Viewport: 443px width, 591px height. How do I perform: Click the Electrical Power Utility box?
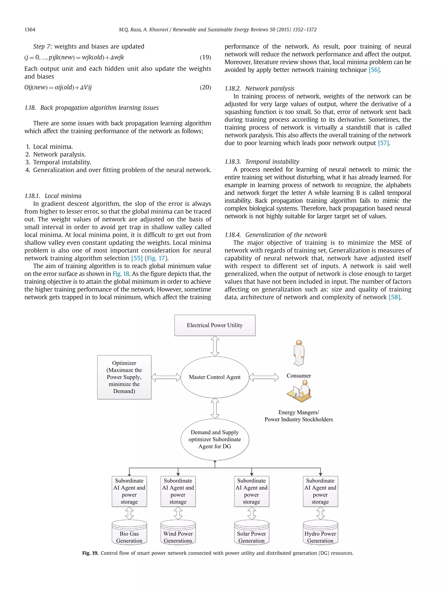[x=215, y=325]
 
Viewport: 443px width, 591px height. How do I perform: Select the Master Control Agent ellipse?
[x=215, y=377]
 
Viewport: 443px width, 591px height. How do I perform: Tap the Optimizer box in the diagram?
[x=124, y=377]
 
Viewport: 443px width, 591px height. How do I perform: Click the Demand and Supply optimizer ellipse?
[x=215, y=439]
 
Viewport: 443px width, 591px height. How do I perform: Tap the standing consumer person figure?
[x=299, y=353]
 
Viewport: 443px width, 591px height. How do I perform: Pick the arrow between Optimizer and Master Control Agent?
[x=166, y=377]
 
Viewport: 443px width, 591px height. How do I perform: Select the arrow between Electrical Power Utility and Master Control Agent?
[x=215, y=346]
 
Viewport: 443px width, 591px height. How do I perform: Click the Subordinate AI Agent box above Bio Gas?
[x=129, y=491]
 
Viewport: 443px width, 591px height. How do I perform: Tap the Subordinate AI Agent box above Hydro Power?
[x=320, y=491]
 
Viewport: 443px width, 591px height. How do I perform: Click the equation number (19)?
[x=205, y=57]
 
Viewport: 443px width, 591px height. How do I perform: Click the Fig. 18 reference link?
[x=121, y=274]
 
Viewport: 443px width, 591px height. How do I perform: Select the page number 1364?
[x=30, y=30]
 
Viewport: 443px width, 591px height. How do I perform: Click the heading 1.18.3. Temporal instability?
[x=262, y=162]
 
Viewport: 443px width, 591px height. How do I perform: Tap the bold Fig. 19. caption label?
[x=90, y=553]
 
